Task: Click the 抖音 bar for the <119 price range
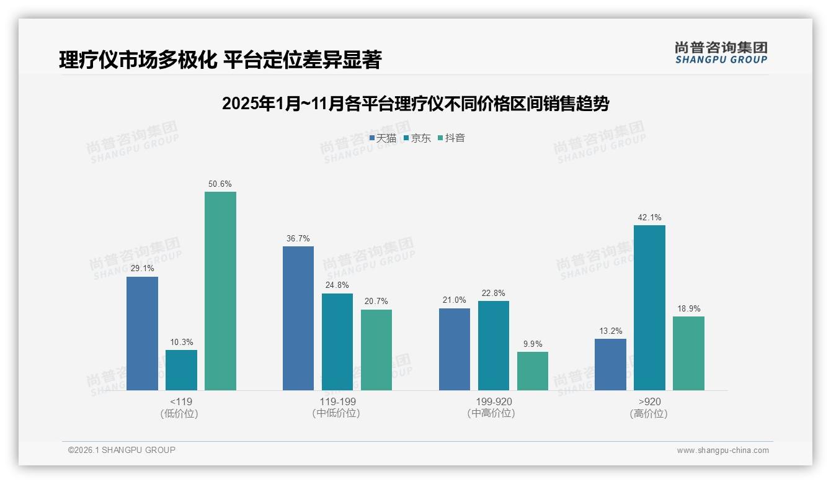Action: [x=220, y=291]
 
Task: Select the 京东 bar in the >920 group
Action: [x=649, y=308]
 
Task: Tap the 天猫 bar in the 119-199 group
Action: [x=298, y=318]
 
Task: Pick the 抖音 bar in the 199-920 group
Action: [x=533, y=371]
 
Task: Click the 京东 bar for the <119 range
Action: [x=181, y=370]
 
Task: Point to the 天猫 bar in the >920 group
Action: [x=610, y=364]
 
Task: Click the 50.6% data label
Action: [x=220, y=184]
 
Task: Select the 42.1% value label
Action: [x=649, y=218]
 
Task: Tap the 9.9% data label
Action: [x=533, y=344]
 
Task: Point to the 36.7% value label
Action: [x=298, y=239]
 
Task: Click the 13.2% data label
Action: [x=610, y=331]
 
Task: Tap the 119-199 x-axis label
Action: [x=337, y=401]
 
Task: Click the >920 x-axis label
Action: [x=649, y=401]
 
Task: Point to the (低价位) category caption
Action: [x=180, y=413]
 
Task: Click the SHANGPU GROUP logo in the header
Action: [x=721, y=53]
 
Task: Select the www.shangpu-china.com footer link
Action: [x=722, y=450]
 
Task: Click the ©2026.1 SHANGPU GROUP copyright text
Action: [x=122, y=450]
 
